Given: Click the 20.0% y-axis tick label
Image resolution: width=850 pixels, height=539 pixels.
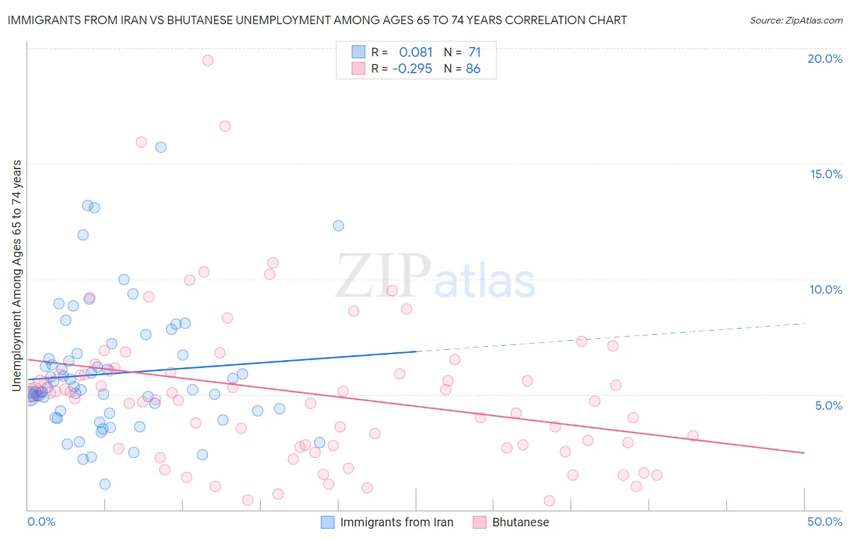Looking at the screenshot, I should (825, 59).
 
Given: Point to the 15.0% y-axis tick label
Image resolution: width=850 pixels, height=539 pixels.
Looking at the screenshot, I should (826, 174).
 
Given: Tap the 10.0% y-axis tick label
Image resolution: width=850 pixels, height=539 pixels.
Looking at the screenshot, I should (826, 289).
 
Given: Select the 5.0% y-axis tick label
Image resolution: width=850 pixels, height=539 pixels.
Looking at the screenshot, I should (828, 405).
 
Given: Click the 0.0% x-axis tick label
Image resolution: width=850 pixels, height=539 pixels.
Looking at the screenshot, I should (41, 521).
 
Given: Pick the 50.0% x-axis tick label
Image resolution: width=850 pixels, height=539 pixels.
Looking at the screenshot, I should (825, 521).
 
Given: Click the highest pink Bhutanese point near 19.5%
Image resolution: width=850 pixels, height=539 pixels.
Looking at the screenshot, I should (207, 60).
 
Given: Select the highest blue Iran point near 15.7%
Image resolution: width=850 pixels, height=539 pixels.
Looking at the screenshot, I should (161, 147).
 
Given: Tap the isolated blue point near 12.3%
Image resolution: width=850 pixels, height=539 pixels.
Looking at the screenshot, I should (339, 226).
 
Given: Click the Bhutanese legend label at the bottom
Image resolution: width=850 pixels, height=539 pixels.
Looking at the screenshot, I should (521, 522).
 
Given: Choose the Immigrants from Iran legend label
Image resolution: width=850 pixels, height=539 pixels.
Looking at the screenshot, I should (397, 522).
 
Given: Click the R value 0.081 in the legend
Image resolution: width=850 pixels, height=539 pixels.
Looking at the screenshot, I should (416, 53).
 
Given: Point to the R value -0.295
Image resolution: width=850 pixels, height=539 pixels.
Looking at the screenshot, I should (412, 69).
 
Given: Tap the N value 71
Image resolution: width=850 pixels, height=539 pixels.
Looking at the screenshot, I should (475, 53).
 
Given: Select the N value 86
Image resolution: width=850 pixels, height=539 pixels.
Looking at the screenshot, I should (473, 69).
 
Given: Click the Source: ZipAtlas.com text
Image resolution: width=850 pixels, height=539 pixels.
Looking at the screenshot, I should (796, 21).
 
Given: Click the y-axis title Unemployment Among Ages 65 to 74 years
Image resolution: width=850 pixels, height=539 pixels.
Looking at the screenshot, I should (17, 276).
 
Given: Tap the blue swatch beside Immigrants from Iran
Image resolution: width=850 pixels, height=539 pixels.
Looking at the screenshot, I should (327, 522).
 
